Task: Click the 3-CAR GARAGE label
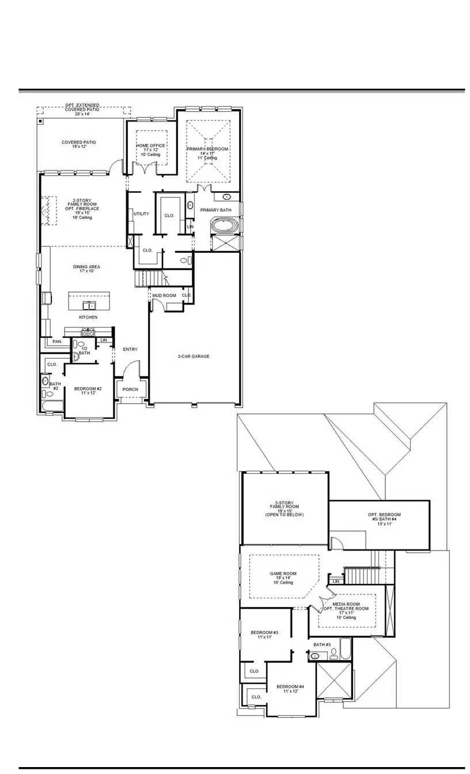click(193, 356)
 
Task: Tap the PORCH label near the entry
click(131, 389)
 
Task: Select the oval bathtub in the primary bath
click(223, 225)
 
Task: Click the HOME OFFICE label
click(150, 146)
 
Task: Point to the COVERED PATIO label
click(79, 142)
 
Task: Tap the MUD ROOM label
click(164, 295)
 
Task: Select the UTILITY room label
click(141, 214)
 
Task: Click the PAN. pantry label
click(56, 342)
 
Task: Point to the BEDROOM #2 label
click(88, 389)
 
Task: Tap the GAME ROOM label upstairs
click(283, 574)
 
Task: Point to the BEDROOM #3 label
click(264, 633)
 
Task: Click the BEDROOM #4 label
click(290, 687)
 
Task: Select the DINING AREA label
click(86, 267)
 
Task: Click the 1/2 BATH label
click(84, 350)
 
